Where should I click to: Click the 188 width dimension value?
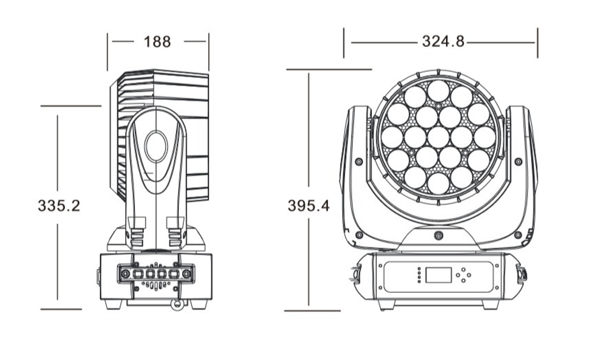(157, 42)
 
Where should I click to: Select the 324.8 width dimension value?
(443, 42)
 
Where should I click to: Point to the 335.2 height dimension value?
(59, 206)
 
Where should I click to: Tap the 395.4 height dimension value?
(308, 206)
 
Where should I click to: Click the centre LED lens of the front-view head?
(438, 137)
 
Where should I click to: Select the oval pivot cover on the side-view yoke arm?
(156, 146)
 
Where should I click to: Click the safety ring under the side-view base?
(176, 305)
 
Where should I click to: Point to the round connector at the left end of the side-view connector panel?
(125, 273)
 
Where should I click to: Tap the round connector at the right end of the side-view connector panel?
(187, 273)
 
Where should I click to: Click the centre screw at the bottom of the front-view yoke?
(438, 236)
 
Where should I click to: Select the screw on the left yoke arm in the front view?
(358, 162)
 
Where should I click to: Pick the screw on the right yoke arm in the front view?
(519, 162)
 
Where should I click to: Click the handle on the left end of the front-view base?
(354, 275)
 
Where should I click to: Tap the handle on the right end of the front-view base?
(523, 274)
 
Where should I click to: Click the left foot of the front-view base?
(386, 304)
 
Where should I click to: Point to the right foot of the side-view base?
(198, 304)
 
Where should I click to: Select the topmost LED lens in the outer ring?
(438, 91)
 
